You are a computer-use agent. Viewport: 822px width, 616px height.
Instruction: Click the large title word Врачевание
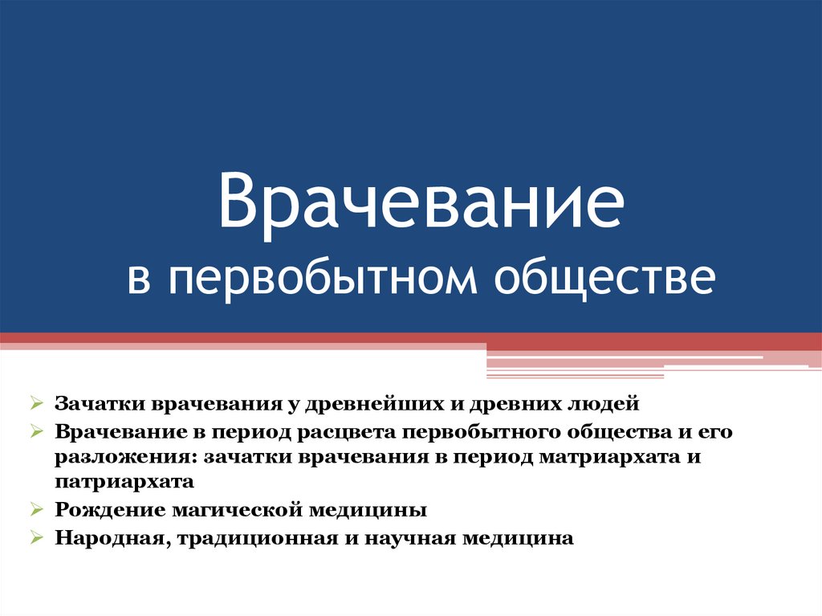tap(421, 202)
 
